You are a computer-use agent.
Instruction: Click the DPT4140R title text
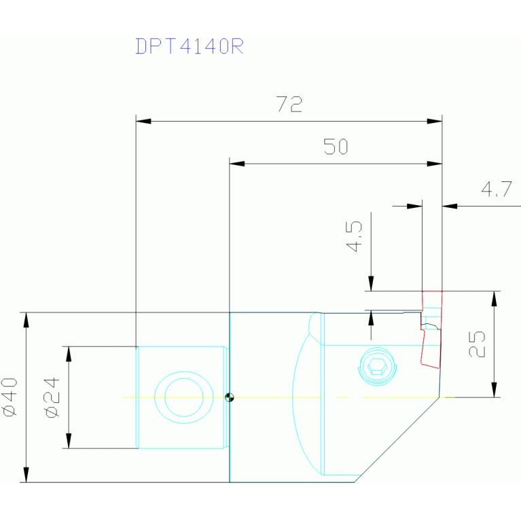tap(189, 46)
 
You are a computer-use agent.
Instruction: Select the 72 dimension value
tap(289, 105)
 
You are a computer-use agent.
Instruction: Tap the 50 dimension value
tap(336, 147)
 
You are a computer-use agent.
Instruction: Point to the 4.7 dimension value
tap(496, 190)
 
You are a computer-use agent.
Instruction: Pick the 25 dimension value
tap(478, 344)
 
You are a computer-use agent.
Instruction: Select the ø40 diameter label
tap(10, 397)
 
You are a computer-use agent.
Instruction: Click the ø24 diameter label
tap(53, 397)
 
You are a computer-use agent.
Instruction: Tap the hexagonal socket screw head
tap(377, 367)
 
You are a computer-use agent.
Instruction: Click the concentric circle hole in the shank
tap(183, 397)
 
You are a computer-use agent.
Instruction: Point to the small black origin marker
tap(230, 397)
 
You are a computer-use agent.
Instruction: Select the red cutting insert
tap(431, 328)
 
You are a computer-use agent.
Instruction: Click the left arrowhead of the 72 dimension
tap(143, 122)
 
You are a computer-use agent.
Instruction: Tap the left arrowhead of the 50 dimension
tap(236, 164)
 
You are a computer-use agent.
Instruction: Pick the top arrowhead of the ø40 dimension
tap(26, 320)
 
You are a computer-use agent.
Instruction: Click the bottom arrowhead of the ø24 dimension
tap(68, 441)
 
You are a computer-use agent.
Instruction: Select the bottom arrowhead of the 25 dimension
tap(495, 390)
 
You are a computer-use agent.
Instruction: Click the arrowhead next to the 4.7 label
tap(450, 205)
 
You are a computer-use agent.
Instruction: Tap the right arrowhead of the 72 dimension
tap(435, 122)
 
